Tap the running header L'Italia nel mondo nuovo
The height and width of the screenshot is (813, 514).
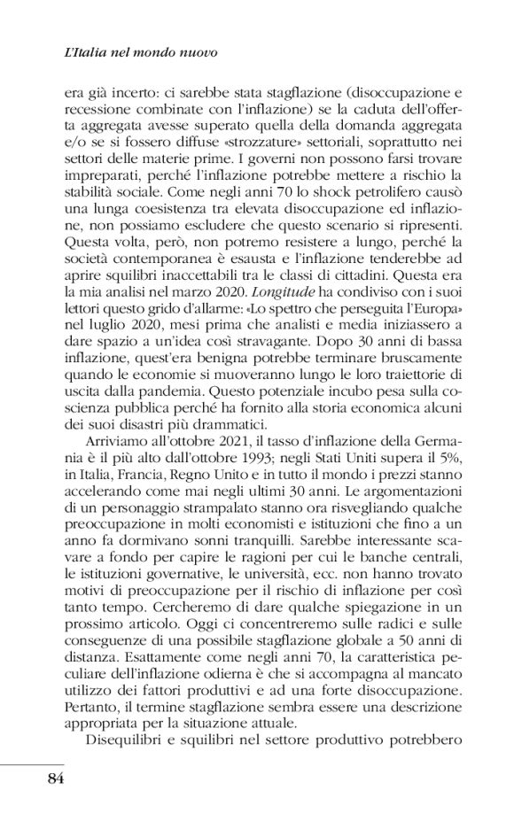(x=141, y=52)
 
